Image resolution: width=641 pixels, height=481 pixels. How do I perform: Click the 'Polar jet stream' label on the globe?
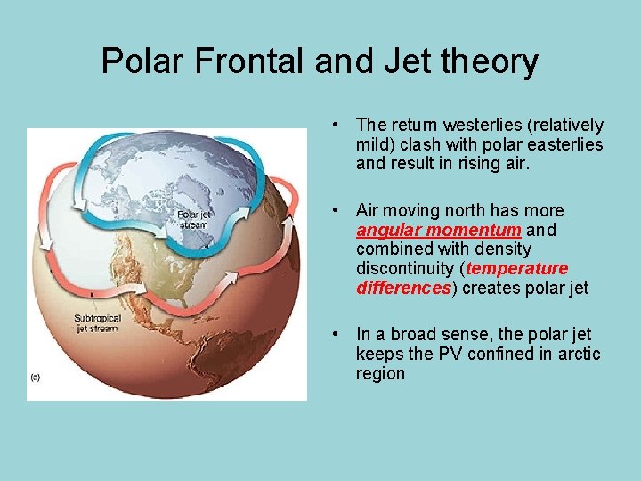(193, 219)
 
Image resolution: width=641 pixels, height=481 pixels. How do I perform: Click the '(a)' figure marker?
(36, 377)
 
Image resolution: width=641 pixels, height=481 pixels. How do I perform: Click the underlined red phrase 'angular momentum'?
(438, 230)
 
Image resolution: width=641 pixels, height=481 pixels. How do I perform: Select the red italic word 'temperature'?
(516, 269)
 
